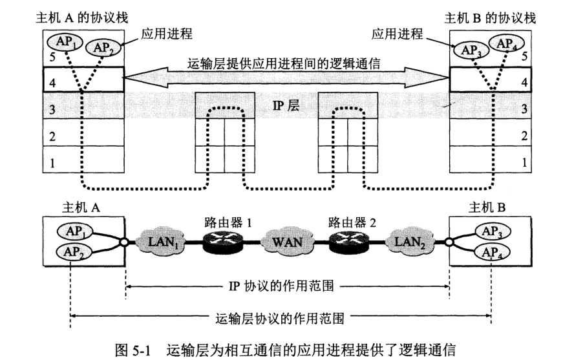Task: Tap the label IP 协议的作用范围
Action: point(286,284)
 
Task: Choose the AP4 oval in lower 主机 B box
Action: point(491,252)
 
